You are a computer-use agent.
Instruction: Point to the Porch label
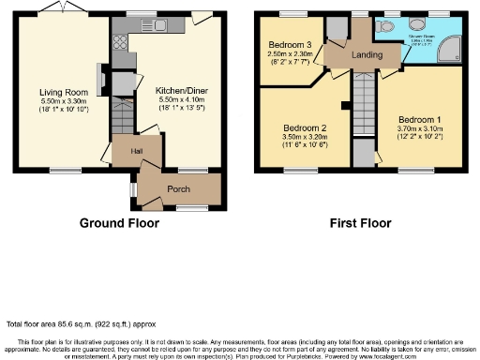178,187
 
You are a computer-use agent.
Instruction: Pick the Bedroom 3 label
290,45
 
